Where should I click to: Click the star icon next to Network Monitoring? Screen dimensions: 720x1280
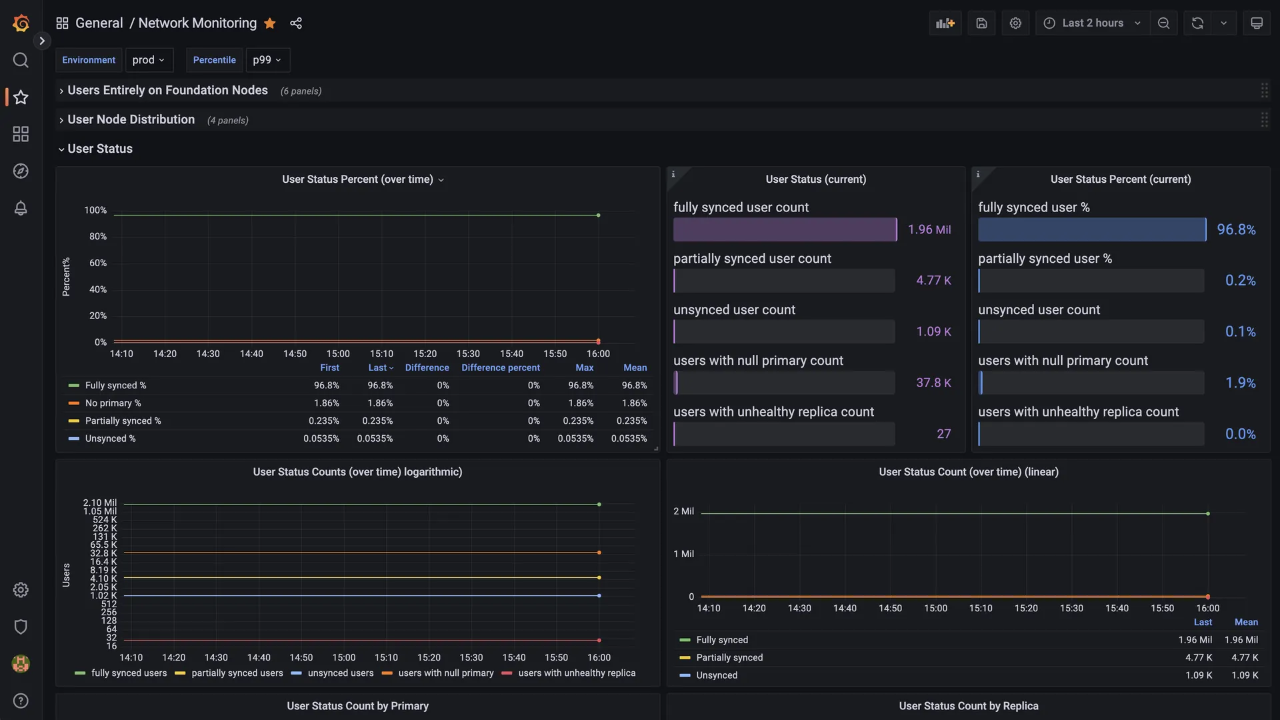[269, 23]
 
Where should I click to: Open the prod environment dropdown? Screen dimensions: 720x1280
[149, 60]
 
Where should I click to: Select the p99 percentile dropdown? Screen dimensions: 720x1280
[267, 60]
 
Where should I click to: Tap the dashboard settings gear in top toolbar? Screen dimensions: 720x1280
[1015, 23]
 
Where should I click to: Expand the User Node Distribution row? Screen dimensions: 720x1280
[131, 120]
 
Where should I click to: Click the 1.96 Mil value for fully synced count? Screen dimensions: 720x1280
[929, 230]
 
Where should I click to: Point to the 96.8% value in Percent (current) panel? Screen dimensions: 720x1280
[1236, 230]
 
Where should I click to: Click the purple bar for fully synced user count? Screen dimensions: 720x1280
[784, 230]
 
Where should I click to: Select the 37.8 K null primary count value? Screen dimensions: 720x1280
[933, 383]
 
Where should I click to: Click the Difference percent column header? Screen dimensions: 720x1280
[500, 368]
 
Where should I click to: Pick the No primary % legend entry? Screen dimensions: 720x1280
[113, 403]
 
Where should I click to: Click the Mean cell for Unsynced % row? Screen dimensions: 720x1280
[629, 438]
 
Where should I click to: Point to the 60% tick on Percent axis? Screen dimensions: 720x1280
[98, 263]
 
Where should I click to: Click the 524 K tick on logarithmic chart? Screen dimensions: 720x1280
[105, 520]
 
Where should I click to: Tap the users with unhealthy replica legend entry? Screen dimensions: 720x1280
[576, 673]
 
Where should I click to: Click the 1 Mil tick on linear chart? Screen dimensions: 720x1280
[683, 554]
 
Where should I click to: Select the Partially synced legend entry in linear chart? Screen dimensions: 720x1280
[729, 658]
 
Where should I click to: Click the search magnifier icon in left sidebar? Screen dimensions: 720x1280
[21, 60]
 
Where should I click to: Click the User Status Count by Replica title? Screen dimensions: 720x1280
[968, 706]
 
